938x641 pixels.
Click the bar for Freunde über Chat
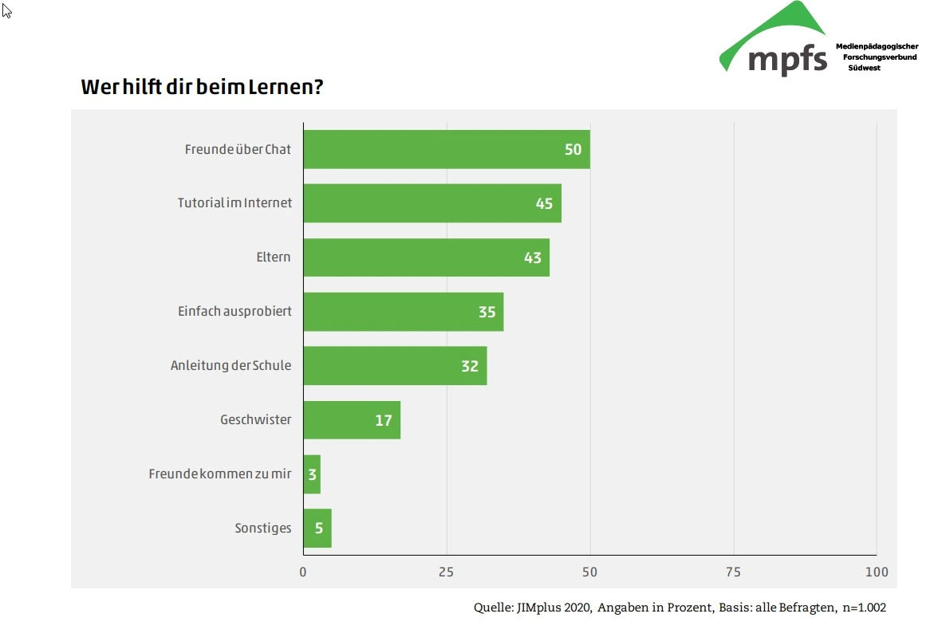[x=447, y=149]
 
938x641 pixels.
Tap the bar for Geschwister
[x=352, y=420]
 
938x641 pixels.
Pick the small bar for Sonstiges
[x=317, y=528]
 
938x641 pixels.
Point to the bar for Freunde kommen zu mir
[x=312, y=474]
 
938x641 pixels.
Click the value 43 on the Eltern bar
[x=532, y=258]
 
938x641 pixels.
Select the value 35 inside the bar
[x=487, y=312]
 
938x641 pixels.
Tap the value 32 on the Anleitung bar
[x=469, y=366]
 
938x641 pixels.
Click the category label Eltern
[x=274, y=258]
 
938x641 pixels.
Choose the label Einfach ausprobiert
[x=235, y=311]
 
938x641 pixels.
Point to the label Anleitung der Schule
[x=231, y=366]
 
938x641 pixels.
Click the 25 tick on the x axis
[x=446, y=572]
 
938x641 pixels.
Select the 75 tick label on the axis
[x=733, y=572]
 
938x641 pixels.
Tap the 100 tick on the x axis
[x=876, y=572]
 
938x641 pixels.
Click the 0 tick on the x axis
[x=303, y=572]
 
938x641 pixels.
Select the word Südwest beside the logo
[x=865, y=68]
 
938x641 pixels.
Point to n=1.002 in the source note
[x=864, y=608]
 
